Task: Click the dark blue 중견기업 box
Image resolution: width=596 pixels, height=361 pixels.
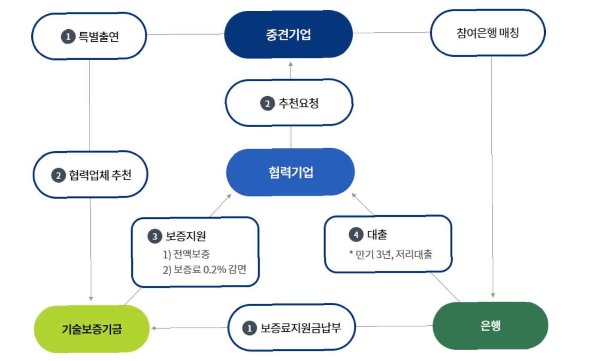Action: click(x=288, y=34)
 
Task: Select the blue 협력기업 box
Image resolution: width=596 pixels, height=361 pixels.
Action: click(x=290, y=172)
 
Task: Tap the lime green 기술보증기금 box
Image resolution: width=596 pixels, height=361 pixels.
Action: click(x=91, y=330)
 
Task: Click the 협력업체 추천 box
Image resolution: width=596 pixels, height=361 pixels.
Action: click(x=90, y=174)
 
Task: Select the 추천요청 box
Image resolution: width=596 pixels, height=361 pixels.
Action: click(x=289, y=103)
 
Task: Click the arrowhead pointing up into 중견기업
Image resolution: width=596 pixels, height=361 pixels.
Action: click(x=290, y=63)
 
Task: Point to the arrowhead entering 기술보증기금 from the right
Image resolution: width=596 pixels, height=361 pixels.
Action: click(x=154, y=328)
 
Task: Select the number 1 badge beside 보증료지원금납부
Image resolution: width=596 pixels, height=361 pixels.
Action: click(x=248, y=329)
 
